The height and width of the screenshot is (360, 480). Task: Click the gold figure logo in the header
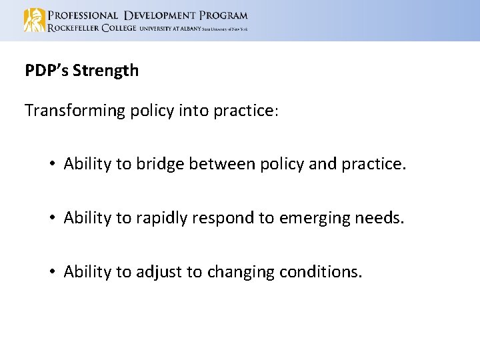(x=34, y=20)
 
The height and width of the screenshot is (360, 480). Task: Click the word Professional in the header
(x=83, y=15)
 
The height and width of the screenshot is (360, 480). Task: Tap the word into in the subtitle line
(x=194, y=111)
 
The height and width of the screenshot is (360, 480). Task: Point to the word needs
(x=381, y=218)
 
